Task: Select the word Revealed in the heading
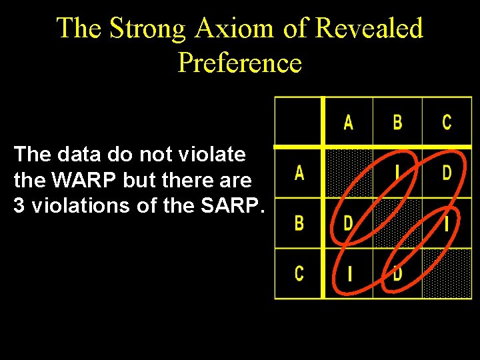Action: click(x=369, y=29)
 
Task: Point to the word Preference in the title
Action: click(x=240, y=63)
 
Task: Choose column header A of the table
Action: click(x=348, y=122)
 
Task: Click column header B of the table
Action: click(x=397, y=122)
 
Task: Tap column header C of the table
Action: click(x=447, y=122)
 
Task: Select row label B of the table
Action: click(x=299, y=223)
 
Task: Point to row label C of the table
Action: click(x=299, y=273)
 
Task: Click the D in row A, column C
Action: click(x=447, y=173)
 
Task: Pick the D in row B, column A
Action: click(x=348, y=223)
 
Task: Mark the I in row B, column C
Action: click(x=447, y=223)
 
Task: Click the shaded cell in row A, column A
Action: click(x=348, y=173)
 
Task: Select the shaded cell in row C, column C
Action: click(x=447, y=273)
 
